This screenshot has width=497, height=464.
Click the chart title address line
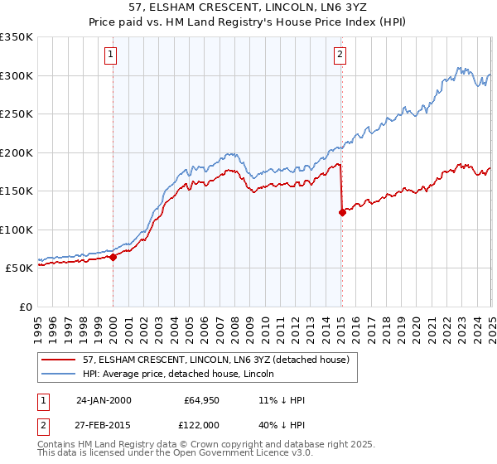tap(248, 8)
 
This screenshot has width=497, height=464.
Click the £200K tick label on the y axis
tap(17, 152)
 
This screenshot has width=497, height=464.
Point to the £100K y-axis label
tap(17, 230)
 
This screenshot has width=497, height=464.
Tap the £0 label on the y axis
tap(25, 307)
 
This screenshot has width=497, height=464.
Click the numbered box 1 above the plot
tap(111, 56)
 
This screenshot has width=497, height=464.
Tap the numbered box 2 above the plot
tap(340, 56)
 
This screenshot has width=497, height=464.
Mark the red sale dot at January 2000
tap(113, 257)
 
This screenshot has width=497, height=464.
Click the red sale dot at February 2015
tap(342, 213)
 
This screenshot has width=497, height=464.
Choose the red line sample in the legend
tap(59, 360)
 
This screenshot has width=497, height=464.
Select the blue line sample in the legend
tap(59, 374)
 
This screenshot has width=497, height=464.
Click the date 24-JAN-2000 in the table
tap(104, 400)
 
